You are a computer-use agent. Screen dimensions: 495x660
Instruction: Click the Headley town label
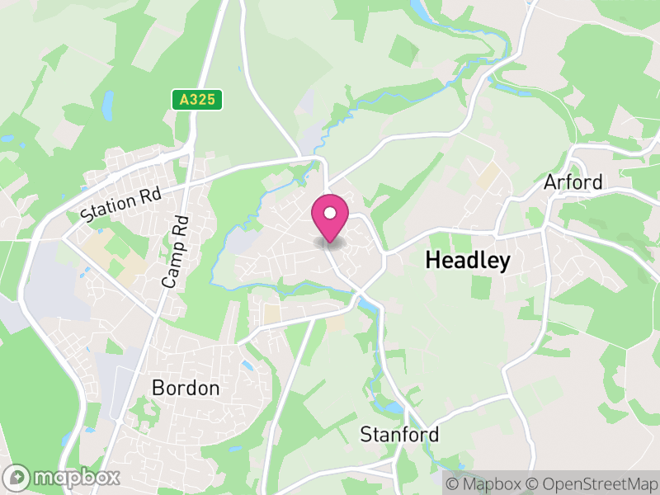click(x=468, y=261)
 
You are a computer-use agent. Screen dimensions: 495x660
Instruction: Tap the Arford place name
click(x=573, y=181)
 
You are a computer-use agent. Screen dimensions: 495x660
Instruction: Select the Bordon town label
click(x=186, y=388)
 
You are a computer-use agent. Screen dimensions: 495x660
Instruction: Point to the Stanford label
click(x=399, y=434)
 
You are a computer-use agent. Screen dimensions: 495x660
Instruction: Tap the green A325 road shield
click(x=198, y=100)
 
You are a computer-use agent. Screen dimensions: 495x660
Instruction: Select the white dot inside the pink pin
click(x=330, y=213)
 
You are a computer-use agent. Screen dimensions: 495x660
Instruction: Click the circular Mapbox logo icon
click(x=17, y=477)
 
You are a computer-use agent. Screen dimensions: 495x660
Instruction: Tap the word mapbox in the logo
click(x=76, y=477)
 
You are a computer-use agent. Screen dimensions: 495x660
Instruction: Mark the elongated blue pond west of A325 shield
click(x=107, y=105)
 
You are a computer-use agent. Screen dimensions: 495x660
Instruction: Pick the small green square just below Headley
click(x=481, y=287)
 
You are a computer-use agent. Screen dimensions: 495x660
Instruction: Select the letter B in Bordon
click(x=158, y=388)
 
